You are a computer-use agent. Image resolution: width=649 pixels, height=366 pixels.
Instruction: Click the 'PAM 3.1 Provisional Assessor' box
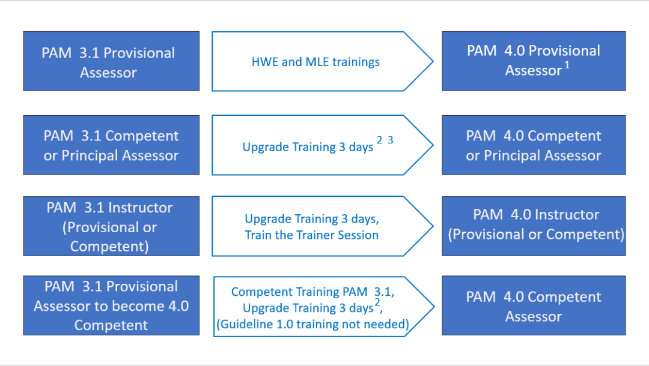coord(111,61)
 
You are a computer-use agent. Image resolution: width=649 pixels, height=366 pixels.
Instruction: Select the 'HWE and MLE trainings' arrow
coord(323,61)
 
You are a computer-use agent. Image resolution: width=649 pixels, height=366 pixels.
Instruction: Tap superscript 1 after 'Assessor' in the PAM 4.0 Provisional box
coord(567,65)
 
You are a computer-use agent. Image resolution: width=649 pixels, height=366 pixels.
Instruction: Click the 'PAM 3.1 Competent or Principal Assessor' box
coord(111,145)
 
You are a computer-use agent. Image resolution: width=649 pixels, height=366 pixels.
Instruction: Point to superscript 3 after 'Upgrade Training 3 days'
coord(391,140)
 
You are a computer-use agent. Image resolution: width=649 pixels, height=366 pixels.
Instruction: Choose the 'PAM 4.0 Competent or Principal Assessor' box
coord(534,145)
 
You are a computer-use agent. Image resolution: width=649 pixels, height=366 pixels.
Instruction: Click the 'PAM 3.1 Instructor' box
coord(111,226)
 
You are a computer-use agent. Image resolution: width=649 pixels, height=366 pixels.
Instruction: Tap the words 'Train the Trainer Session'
coord(312,235)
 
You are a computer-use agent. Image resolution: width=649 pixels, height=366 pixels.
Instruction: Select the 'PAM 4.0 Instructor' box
coord(534,226)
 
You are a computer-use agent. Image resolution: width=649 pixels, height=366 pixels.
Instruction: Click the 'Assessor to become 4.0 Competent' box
coord(111,305)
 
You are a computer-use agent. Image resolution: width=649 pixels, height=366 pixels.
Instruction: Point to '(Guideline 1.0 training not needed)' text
coord(313,324)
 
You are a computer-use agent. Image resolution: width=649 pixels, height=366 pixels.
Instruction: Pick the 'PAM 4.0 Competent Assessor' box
coord(534,305)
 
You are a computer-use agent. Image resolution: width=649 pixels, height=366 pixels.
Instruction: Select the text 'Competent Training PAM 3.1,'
coord(313,292)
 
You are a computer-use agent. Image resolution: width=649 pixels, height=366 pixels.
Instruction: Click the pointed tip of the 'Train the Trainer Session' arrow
coord(433,226)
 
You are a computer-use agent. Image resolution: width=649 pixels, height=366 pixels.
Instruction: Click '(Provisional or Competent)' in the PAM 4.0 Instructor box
coord(536,235)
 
